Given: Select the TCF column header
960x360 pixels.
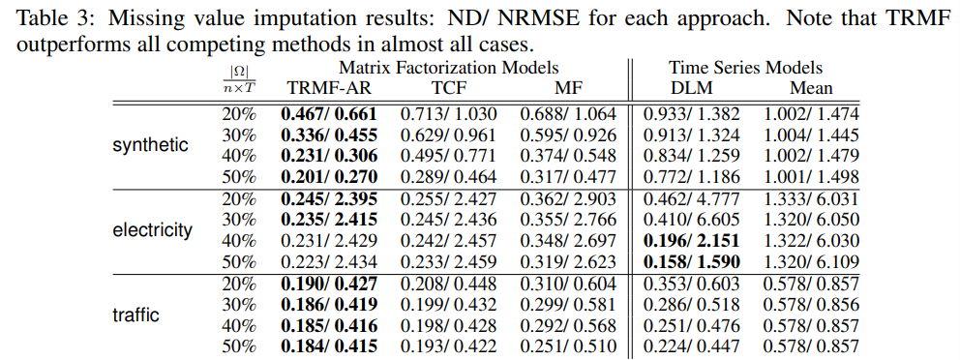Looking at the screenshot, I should tap(448, 89).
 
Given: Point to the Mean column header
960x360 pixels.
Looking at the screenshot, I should tap(811, 89).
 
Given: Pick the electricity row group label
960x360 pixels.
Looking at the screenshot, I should tap(151, 230).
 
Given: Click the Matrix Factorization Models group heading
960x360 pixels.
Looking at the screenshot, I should tap(448, 68).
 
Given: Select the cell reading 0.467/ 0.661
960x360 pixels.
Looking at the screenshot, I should tap(328, 113).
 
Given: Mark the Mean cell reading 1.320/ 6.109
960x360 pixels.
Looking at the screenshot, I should tap(811, 261).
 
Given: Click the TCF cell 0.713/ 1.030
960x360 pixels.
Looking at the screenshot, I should tap(448, 113).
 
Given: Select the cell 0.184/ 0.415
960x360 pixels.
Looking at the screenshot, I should tap(328, 345).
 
